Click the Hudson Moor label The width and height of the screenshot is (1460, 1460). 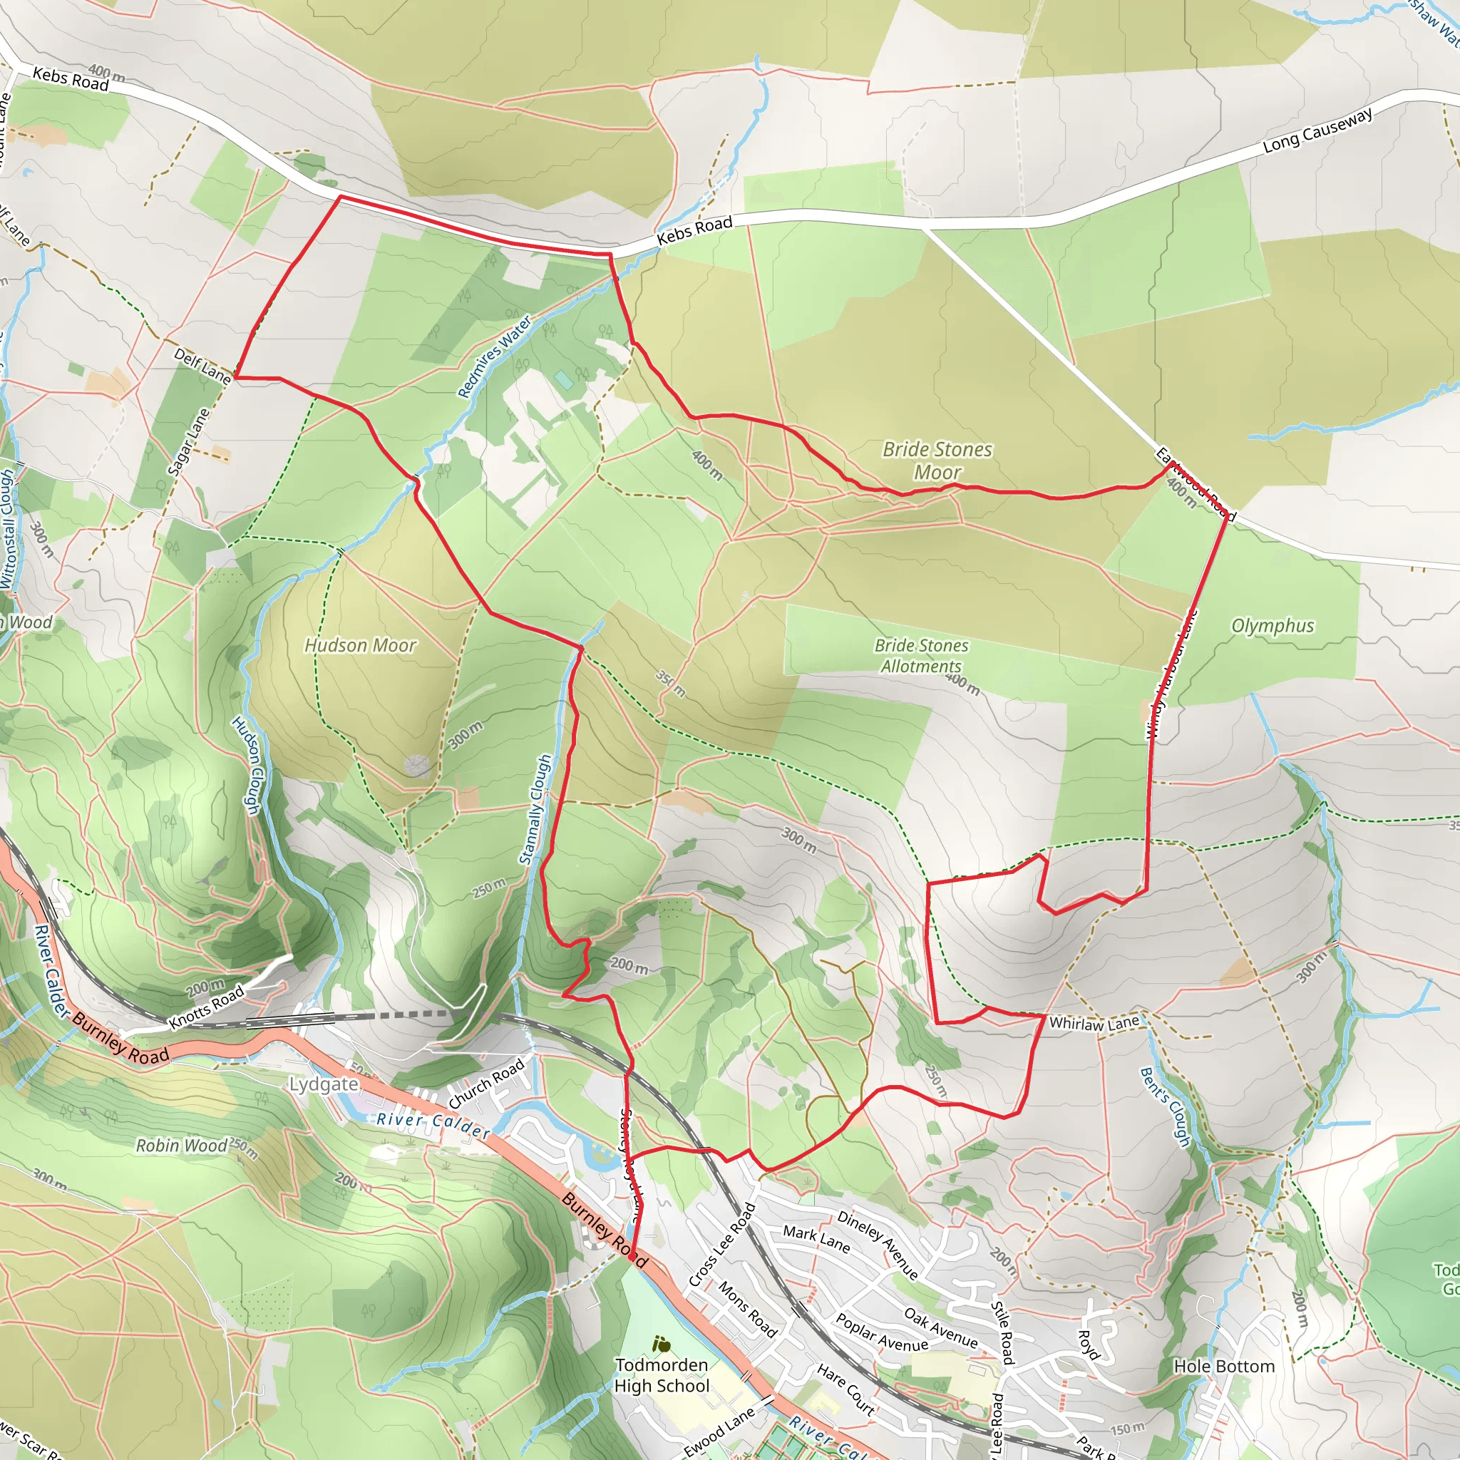pyautogui.click(x=360, y=645)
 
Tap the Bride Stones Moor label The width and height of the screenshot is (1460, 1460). pyautogui.click(x=937, y=461)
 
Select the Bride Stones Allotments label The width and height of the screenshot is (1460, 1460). pyautogui.click(x=920, y=655)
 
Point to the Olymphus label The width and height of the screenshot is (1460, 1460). pyautogui.click(x=1273, y=626)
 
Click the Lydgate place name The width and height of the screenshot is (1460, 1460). pyautogui.click(x=324, y=1084)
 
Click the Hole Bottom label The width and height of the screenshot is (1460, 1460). pyautogui.click(x=1223, y=1367)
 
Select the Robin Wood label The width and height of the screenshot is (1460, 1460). pyautogui.click(x=181, y=1146)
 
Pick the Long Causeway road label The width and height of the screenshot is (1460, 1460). pyautogui.click(x=1317, y=130)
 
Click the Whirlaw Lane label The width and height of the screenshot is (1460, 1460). pyautogui.click(x=1094, y=1023)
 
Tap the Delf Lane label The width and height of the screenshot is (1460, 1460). pyautogui.click(x=202, y=366)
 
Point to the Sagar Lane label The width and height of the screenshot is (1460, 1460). pyautogui.click(x=187, y=442)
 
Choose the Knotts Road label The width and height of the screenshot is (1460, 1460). pyautogui.click(x=206, y=1007)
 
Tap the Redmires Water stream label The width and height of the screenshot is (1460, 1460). pyautogui.click(x=494, y=356)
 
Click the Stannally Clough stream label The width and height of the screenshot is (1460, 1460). pyautogui.click(x=535, y=809)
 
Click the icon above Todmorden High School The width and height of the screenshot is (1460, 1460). pyautogui.click(x=662, y=1345)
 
